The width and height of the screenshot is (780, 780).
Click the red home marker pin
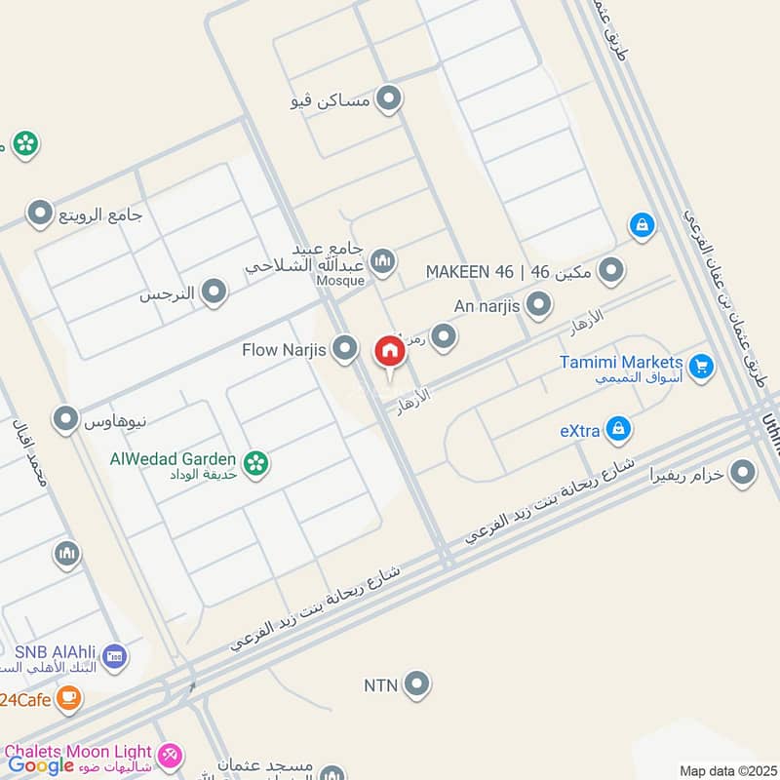click(388, 352)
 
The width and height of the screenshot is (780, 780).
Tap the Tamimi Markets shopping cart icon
click(700, 367)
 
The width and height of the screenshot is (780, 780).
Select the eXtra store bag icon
click(617, 427)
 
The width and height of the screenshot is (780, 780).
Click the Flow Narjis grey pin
click(344, 347)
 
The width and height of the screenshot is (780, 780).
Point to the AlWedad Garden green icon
click(256, 463)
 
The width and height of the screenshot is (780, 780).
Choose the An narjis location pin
click(538, 306)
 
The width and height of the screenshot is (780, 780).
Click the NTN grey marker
click(417, 684)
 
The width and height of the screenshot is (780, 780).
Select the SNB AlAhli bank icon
click(113, 655)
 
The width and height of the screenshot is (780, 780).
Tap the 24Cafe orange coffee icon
click(67, 697)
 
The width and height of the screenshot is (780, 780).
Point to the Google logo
click(42, 765)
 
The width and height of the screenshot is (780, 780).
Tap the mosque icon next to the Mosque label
click(383, 260)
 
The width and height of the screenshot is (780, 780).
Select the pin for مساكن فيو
click(390, 99)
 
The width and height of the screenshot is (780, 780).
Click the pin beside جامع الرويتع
click(40, 212)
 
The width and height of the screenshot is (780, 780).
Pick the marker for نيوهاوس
click(66, 419)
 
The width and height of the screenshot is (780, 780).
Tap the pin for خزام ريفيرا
click(743, 473)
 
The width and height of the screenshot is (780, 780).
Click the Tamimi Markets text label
click(621, 363)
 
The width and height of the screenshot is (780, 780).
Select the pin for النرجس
click(214, 291)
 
